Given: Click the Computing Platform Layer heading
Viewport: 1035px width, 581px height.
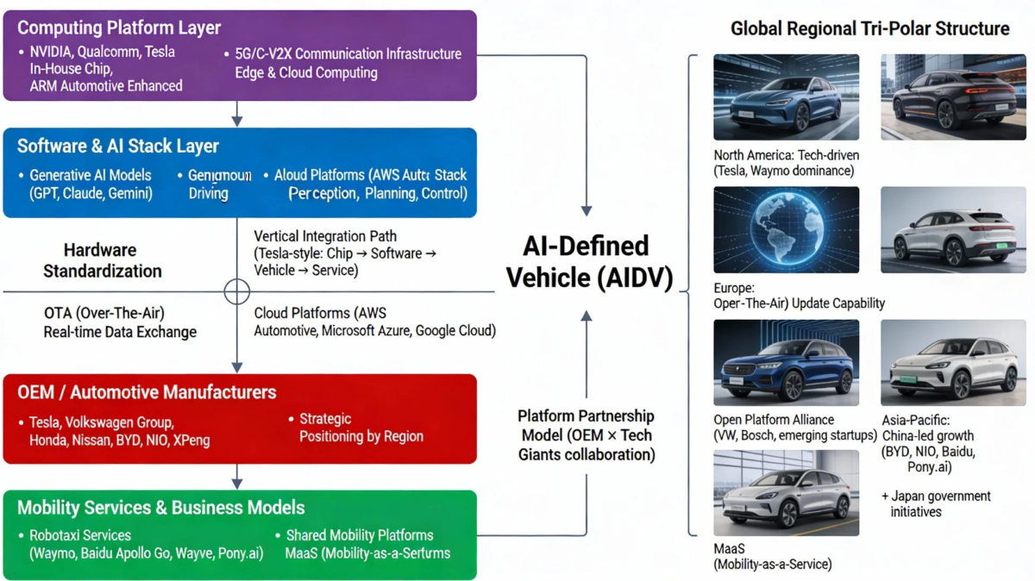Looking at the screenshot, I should [x=119, y=28].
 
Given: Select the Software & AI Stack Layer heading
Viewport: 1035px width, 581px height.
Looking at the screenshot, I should [x=118, y=146].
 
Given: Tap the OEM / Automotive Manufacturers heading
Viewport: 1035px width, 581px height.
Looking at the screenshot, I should [x=147, y=392].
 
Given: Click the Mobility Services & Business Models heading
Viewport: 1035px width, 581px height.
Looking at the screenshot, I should [x=160, y=508].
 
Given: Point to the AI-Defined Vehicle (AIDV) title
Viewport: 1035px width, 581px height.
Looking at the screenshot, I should [x=586, y=261].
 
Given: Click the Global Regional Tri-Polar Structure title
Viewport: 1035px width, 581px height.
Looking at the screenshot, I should [x=869, y=28].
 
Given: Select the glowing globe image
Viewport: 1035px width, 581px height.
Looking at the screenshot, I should [x=786, y=230].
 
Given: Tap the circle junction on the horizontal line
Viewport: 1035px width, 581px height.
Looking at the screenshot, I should [x=237, y=291].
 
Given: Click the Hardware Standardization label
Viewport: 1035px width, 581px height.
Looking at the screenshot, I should [x=103, y=260].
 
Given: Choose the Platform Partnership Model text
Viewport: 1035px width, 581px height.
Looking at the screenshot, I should [x=586, y=435].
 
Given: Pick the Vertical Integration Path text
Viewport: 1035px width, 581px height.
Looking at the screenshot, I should [x=345, y=253].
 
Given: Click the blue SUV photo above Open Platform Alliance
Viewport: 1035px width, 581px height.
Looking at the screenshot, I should [x=786, y=363].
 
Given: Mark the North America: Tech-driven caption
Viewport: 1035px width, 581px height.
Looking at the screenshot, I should [x=786, y=163].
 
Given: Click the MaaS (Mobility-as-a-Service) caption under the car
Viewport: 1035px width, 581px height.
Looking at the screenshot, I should [x=772, y=556].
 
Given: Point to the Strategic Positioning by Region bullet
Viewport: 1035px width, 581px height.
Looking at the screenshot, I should [x=361, y=428].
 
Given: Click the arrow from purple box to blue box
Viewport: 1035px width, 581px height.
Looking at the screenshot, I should [x=237, y=115].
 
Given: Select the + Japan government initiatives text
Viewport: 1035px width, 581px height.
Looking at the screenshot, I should [x=936, y=503].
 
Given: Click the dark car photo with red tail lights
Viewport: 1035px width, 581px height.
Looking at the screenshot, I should [x=953, y=97].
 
